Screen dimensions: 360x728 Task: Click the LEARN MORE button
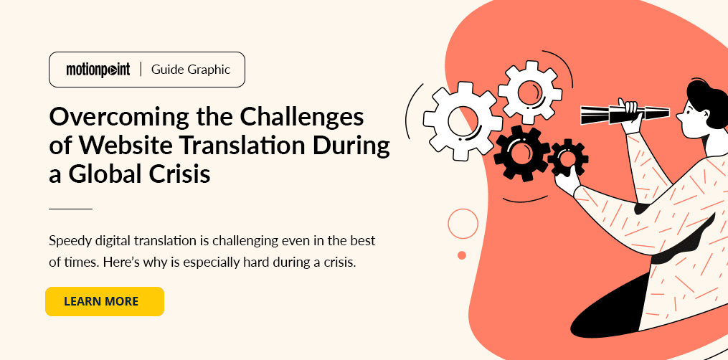[x=105, y=301]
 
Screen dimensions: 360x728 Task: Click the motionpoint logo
[x=98, y=70]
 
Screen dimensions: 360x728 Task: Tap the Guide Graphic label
[x=191, y=70]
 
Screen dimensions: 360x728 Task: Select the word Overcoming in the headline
[x=117, y=118]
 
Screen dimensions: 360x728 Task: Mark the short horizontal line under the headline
[x=70, y=209]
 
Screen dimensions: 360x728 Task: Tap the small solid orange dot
[x=462, y=255]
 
